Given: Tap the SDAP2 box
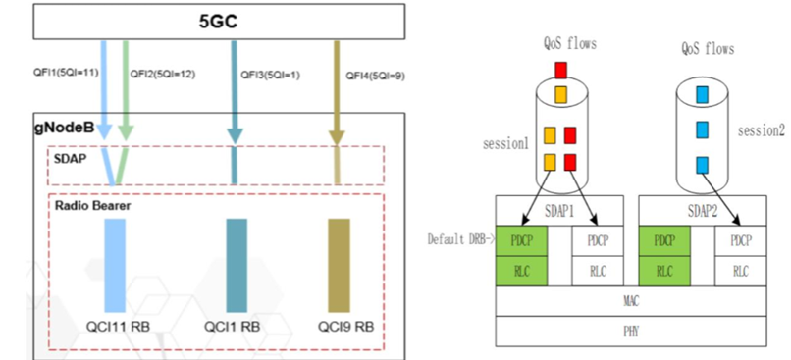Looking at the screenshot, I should coord(700,212).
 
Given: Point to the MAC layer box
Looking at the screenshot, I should coord(630,302).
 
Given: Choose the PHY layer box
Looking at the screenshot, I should coord(630,332).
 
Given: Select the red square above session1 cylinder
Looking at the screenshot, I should coord(560,70).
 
